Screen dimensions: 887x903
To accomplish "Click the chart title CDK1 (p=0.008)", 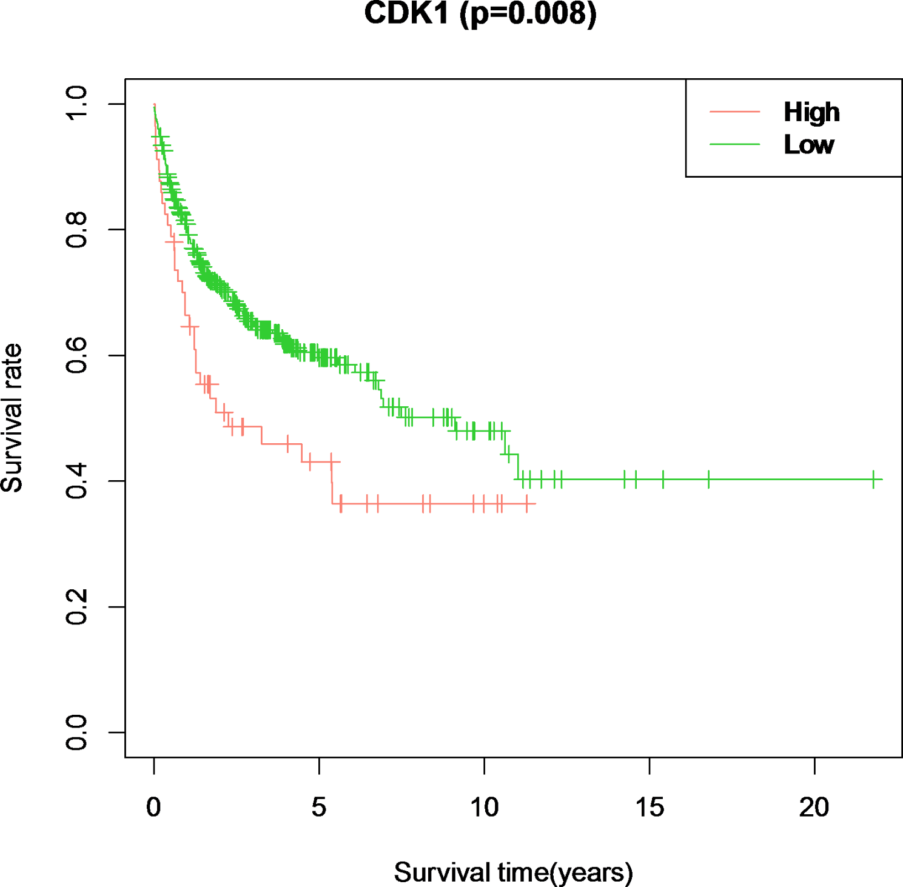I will [480, 13].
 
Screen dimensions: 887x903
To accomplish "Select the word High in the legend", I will [811, 112].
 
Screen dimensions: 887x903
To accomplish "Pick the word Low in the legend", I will [809, 145].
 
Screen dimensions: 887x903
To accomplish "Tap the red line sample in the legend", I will [734, 112].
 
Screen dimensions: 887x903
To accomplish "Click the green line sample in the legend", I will [734, 144].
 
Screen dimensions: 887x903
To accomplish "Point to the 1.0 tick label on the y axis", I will [77, 104].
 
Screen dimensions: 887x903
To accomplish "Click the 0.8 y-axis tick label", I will [77, 230].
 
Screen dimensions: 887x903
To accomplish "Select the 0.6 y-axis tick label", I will [77, 355].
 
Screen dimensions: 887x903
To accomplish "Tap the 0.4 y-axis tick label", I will [77, 481].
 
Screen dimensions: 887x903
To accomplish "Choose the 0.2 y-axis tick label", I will [77, 607].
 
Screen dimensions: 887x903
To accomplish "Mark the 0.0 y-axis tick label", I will [77, 732].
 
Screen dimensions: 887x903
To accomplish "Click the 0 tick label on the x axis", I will [154, 808].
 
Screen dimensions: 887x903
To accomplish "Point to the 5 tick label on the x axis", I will [319, 808].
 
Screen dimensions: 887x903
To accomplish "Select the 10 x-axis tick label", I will [484, 808].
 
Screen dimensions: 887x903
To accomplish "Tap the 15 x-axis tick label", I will [650, 808].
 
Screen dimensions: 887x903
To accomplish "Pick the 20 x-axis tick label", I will [814, 808].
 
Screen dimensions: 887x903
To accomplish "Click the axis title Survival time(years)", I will [513, 872].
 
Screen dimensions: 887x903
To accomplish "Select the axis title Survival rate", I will [12, 418].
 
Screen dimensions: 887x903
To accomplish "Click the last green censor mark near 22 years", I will [873, 479].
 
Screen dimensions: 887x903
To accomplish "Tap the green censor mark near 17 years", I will [708, 479].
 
